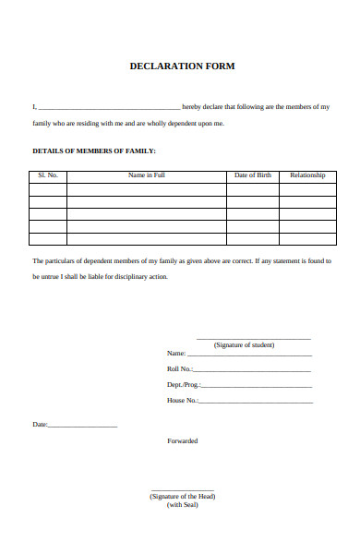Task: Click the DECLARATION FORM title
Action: tap(182, 66)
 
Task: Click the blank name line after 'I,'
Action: tap(109, 107)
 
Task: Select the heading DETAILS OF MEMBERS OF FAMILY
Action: tap(94, 151)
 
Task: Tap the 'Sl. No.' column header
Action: tap(48, 175)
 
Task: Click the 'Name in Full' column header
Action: tap(146, 175)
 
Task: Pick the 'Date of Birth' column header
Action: tap(252, 175)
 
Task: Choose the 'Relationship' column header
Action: tap(307, 175)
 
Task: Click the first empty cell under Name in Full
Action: tap(146, 189)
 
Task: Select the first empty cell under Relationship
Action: tap(307, 189)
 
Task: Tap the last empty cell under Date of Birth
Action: tap(252, 238)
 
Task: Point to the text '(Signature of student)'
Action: tap(244, 345)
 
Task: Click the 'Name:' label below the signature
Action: tap(176, 354)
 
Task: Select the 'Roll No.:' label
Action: tap(180, 369)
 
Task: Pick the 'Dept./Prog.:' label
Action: tap(183, 385)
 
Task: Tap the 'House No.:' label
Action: tap(182, 401)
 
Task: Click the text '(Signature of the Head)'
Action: tap(182, 496)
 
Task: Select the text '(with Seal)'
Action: tap(182, 504)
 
